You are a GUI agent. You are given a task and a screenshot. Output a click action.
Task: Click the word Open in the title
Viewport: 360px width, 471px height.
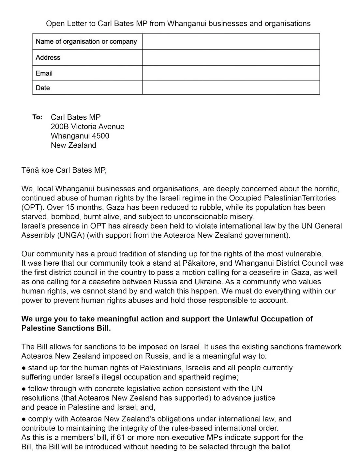click(x=54, y=23)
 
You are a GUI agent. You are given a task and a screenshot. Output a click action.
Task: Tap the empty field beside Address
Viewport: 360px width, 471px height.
click(x=231, y=57)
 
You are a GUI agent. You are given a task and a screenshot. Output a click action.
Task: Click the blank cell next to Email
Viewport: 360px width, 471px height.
click(x=231, y=73)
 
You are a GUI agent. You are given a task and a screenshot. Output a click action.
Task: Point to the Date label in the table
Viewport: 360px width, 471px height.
click(x=43, y=88)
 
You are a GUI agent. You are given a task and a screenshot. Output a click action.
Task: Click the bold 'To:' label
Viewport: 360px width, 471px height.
click(x=37, y=117)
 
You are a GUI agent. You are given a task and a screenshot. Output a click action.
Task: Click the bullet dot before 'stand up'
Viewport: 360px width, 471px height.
click(x=24, y=368)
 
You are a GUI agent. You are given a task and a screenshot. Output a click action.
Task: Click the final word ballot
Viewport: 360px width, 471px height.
click(x=280, y=447)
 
